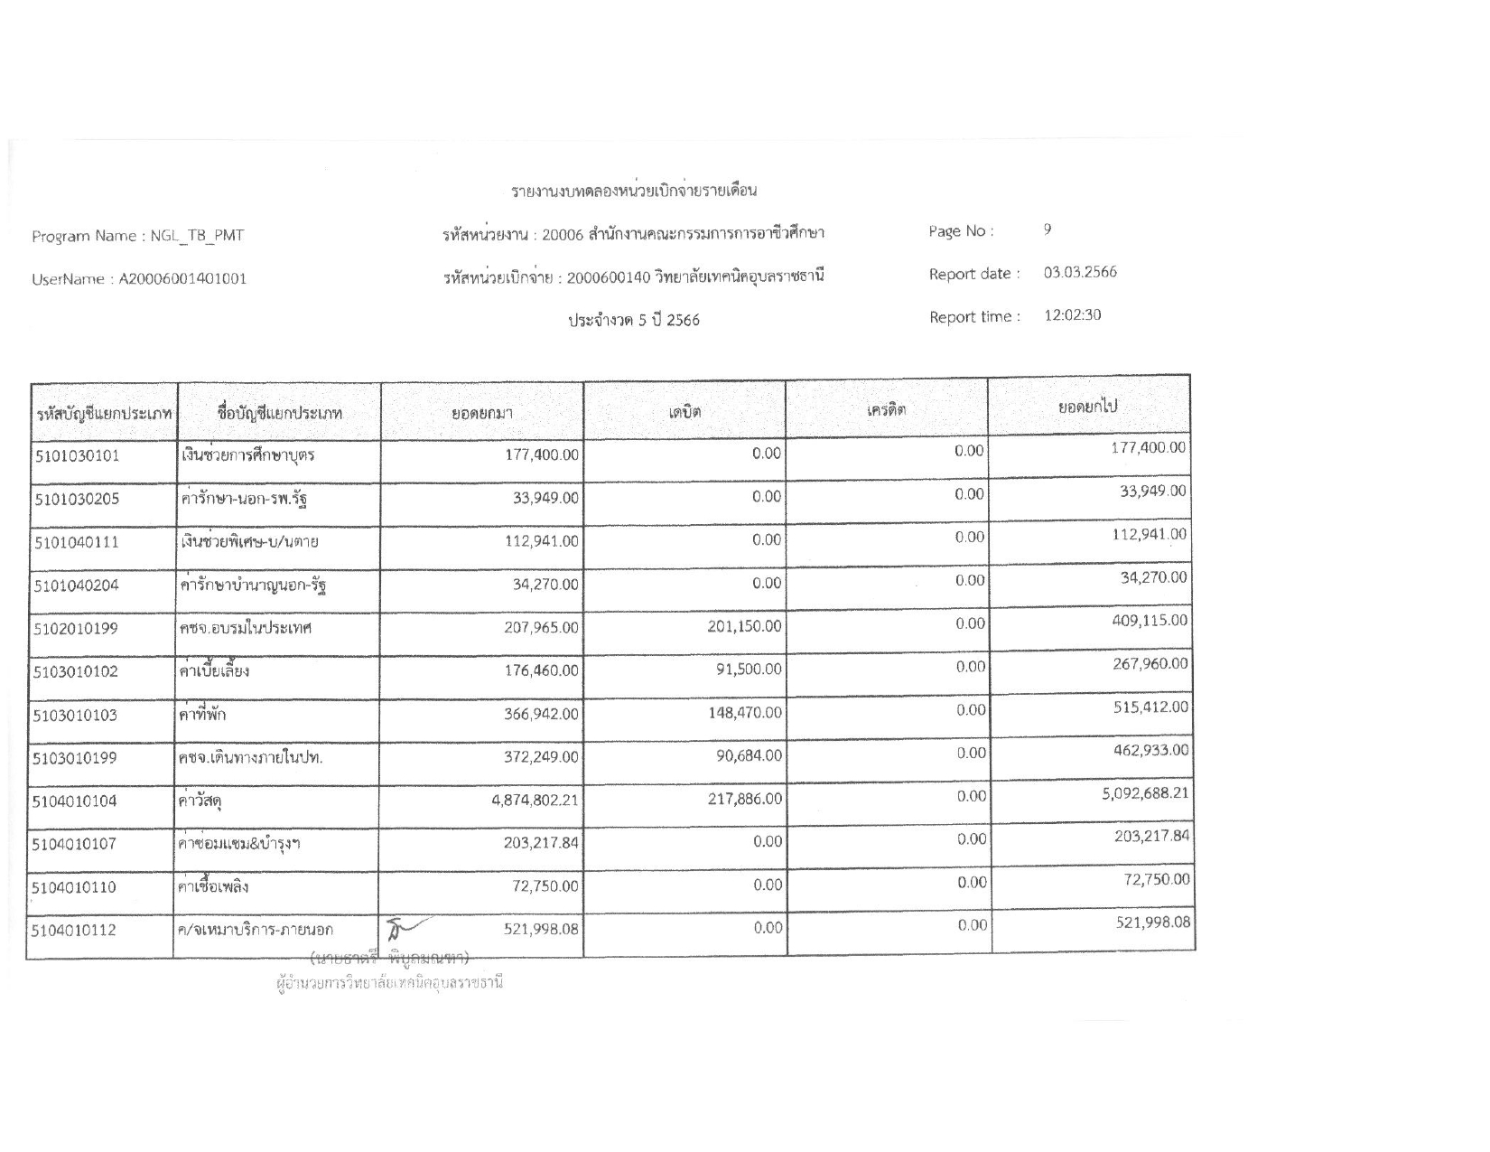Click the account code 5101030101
[77, 455]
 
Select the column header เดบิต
[684, 412]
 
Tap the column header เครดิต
[886, 409]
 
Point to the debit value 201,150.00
[744, 627]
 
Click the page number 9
[1048, 229]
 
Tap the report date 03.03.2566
[1080, 273]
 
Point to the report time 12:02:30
[1072, 315]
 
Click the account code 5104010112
[74, 930]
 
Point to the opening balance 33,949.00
[545, 498]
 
